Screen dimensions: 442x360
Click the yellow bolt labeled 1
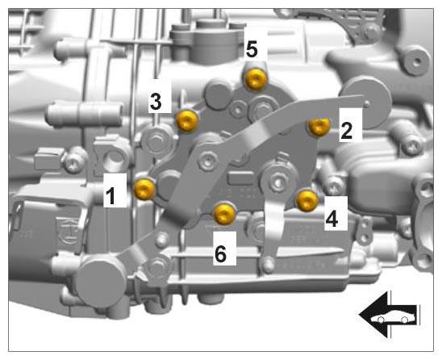(145, 189)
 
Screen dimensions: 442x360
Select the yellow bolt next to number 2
(319, 126)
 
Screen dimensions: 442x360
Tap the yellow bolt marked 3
(187, 121)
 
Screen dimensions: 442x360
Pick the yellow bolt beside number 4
(307, 200)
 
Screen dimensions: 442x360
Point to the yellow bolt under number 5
(256, 79)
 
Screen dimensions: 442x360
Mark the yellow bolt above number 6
(224, 214)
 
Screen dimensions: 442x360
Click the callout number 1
(110, 196)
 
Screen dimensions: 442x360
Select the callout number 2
(347, 131)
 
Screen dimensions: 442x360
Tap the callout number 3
(156, 101)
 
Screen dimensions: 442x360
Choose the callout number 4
(331, 218)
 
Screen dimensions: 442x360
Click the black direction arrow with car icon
(389, 315)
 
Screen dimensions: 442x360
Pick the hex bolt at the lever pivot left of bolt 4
(278, 182)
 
